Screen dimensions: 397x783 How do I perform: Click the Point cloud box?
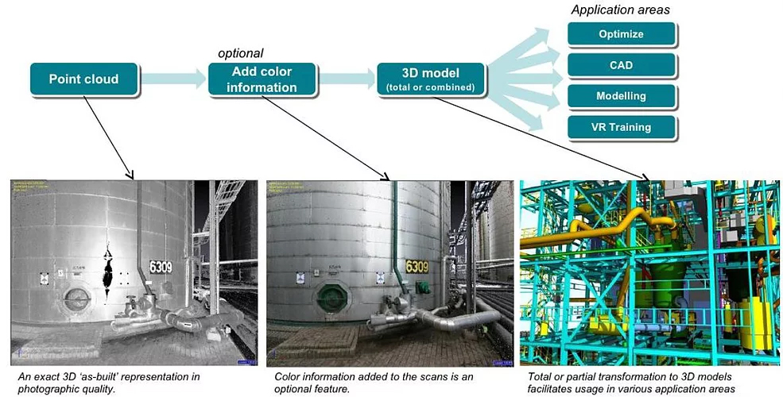[x=83, y=79]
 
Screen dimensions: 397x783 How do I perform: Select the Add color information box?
[x=262, y=79]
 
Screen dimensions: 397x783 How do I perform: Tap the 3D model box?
[x=429, y=79]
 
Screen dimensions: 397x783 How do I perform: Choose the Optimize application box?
[x=622, y=34]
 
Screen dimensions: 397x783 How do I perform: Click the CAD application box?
[x=622, y=65]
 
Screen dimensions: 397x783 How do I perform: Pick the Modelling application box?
[x=622, y=96]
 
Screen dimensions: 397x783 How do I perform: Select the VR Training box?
[x=622, y=127]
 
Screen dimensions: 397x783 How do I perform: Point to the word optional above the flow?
[x=240, y=53]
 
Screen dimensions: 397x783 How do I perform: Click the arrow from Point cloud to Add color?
[x=172, y=79]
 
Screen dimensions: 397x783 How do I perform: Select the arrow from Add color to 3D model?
[x=347, y=79]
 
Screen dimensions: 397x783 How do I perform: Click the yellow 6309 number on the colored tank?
[x=417, y=267]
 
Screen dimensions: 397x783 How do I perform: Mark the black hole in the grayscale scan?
[x=106, y=270]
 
